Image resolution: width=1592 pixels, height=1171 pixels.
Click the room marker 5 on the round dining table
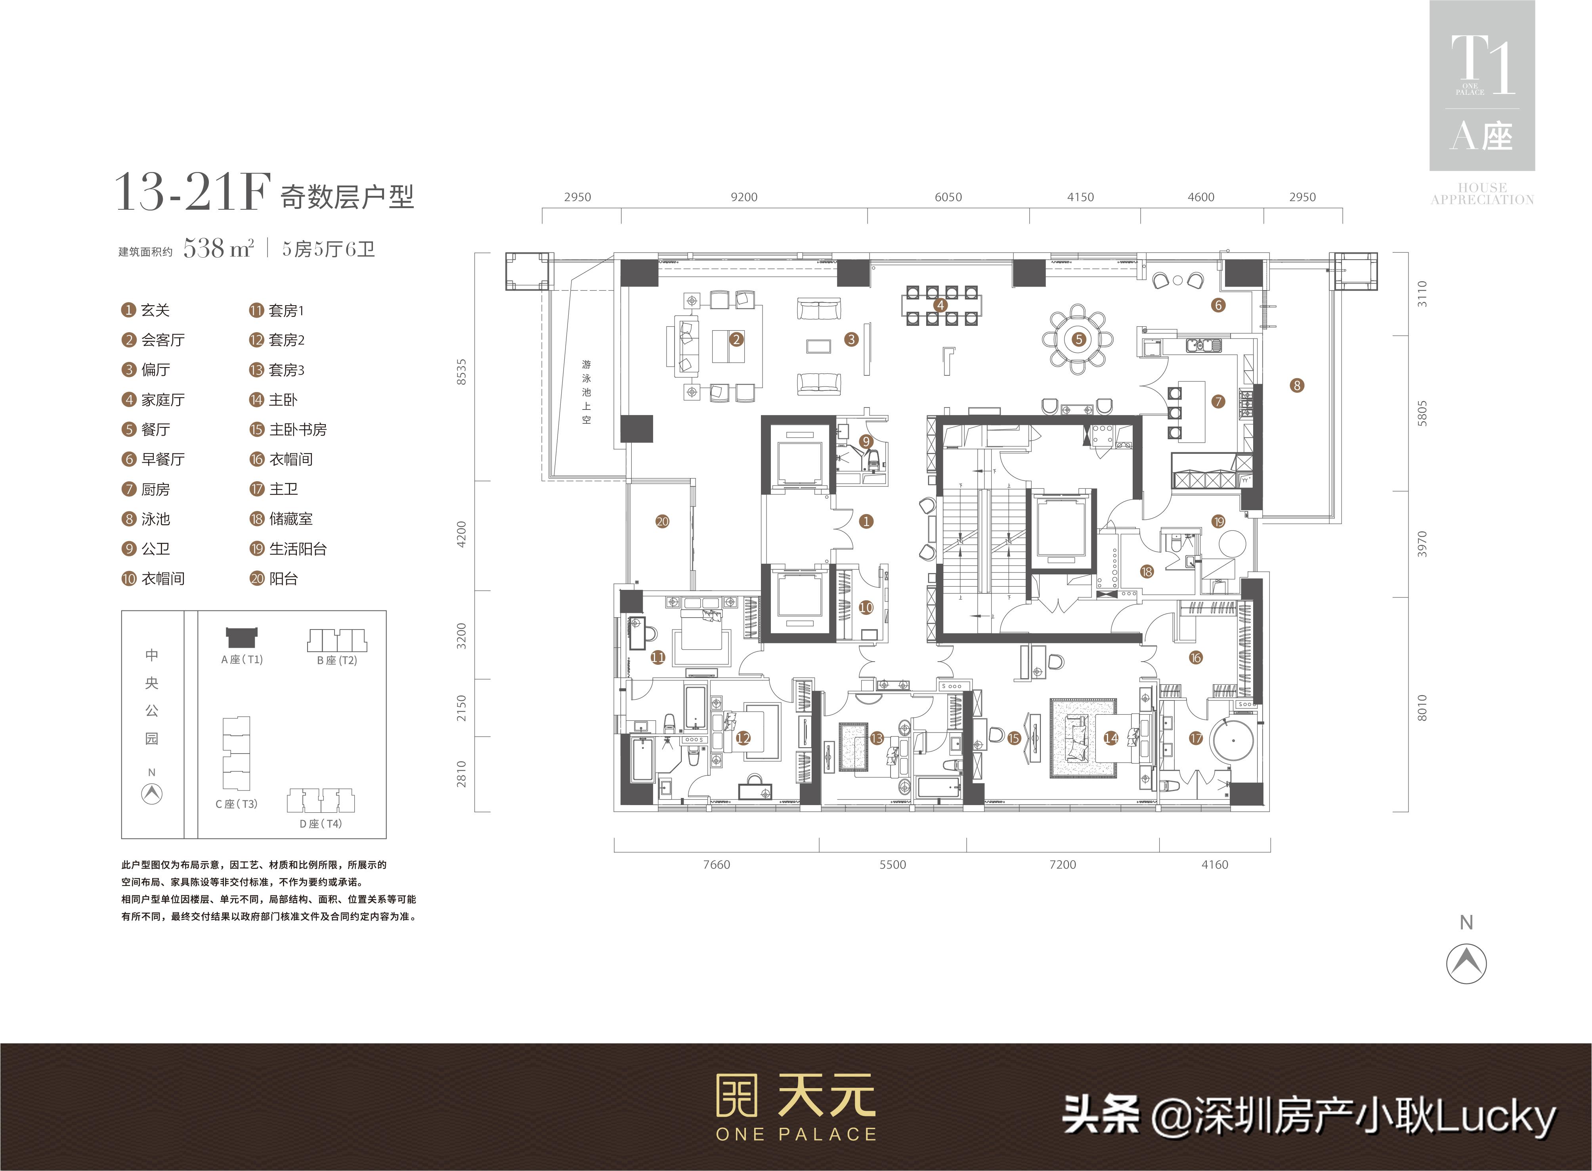coord(1079,340)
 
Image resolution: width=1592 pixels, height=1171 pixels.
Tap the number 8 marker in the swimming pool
coord(1297,386)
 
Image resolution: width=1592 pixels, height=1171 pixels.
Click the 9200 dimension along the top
coord(744,197)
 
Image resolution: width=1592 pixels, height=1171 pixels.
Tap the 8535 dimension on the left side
coord(462,371)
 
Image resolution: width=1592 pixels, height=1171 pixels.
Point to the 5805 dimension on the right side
coord(1422,413)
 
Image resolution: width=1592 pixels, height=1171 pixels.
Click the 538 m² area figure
coord(218,248)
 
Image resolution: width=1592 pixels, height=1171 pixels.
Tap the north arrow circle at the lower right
coord(1466,963)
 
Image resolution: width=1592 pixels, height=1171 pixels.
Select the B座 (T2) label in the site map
coord(336,660)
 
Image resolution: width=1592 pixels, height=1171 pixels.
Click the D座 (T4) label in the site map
coord(320,824)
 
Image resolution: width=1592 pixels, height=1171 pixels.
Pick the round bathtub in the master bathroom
coord(1233,741)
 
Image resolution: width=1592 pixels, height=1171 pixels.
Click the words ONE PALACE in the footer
coord(796,1134)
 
